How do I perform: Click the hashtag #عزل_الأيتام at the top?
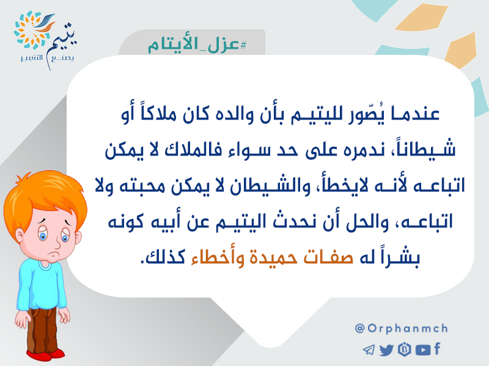pos(197,45)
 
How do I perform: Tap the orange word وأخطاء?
pos(218,257)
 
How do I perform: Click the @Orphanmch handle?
pos(402,328)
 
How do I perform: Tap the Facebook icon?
pos(437,348)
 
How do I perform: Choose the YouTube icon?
pos(423,350)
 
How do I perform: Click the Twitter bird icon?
pos(387,350)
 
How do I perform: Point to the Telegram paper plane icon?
pos(369,350)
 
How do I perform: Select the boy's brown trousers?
pos(42,331)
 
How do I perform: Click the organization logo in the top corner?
pos(45,40)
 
